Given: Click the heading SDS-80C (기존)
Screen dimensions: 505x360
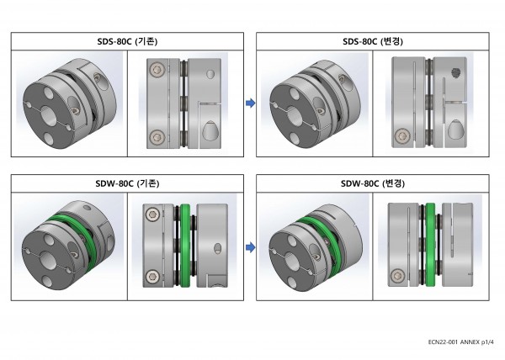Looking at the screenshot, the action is pyautogui.click(x=127, y=41).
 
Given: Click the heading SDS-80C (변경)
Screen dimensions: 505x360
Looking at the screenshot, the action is pyautogui.click(x=373, y=41).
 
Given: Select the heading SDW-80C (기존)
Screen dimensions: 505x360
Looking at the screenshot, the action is pyautogui.click(x=127, y=183).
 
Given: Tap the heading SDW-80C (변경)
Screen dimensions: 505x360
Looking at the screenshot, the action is pyautogui.click(x=373, y=183).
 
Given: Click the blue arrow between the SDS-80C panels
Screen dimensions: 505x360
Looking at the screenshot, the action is pyautogui.click(x=250, y=103).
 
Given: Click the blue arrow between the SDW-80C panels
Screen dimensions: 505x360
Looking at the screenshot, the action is pyautogui.click(x=250, y=247).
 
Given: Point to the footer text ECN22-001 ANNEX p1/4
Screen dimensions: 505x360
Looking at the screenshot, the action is pyautogui.click(x=460, y=342).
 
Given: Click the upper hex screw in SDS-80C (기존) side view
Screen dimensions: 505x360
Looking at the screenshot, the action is pyautogui.click(x=157, y=70).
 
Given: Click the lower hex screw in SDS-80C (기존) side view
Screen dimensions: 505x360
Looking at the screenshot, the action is pyautogui.click(x=157, y=137).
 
